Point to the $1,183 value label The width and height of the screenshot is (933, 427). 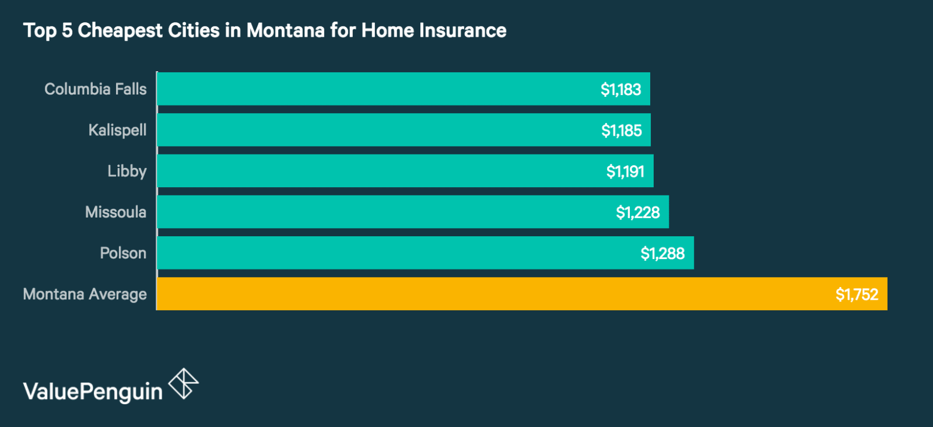click(x=620, y=89)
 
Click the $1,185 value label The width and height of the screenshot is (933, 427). click(x=621, y=130)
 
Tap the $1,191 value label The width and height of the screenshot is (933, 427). click(x=625, y=171)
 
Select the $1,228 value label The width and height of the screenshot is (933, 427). click(x=637, y=212)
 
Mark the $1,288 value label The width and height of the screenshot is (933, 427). click(x=662, y=253)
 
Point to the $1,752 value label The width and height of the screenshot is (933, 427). click(x=857, y=294)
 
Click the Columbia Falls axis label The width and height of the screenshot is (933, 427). click(x=96, y=89)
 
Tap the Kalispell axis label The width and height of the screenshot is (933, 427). click(x=117, y=130)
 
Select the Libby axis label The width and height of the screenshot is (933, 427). click(x=127, y=171)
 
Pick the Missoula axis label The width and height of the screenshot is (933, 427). click(x=115, y=212)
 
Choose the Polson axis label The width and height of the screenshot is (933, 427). click(x=123, y=253)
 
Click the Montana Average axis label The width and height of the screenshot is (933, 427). click(x=85, y=294)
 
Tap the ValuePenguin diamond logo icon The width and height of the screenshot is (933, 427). click(x=183, y=384)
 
